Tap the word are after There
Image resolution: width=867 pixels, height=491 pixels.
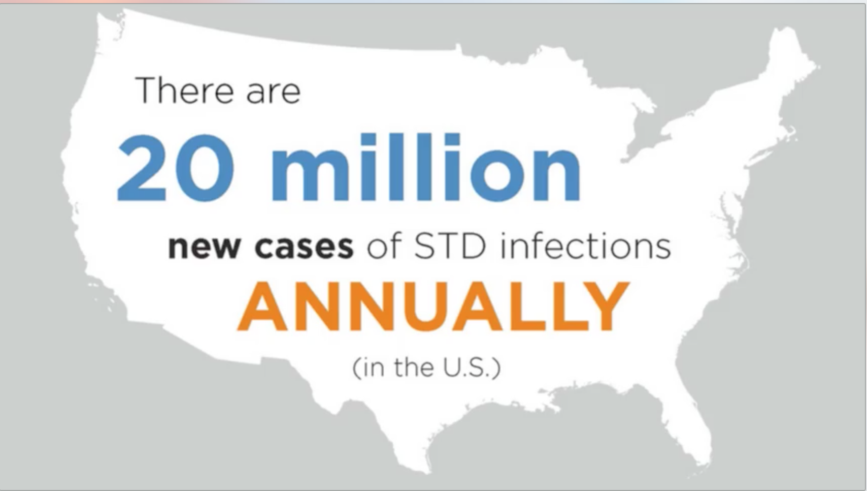point(273,94)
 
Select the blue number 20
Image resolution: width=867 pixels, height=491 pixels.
point(175,168)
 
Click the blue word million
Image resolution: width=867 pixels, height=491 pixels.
point(426,167)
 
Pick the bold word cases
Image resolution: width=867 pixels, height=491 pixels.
point(304,247)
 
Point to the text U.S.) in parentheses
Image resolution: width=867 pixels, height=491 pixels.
point(472,368)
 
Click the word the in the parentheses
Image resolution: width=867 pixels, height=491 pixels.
point(414,367)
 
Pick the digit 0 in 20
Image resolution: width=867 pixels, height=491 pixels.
point(203,168)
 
